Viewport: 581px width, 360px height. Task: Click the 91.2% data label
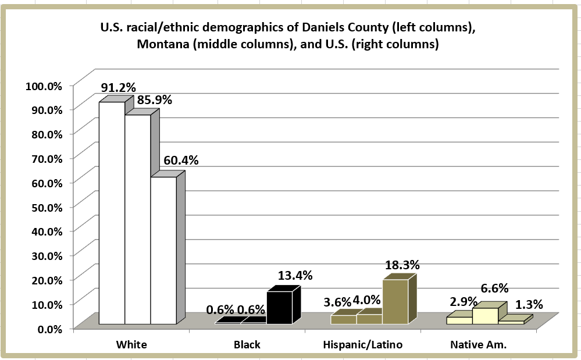click(x=118, y=88)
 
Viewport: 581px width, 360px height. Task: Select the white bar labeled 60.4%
click(x=163, y=250)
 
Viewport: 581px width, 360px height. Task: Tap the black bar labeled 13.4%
click(x=279, y=308)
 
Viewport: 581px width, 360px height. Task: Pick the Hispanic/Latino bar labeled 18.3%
click(x=395, y=301)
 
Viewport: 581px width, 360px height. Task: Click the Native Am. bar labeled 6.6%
click(x=485, y=315)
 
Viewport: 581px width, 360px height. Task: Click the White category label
click(x=131, y=344)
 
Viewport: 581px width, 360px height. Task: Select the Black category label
click(x=247, y=344)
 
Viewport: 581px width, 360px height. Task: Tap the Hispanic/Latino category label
click(x=362, y=344)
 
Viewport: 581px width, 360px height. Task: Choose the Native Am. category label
click(x=479, y=344)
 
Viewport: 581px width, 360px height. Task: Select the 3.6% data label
click(x=337, y=302)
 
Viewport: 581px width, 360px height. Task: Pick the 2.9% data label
click(x=464, y=302)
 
